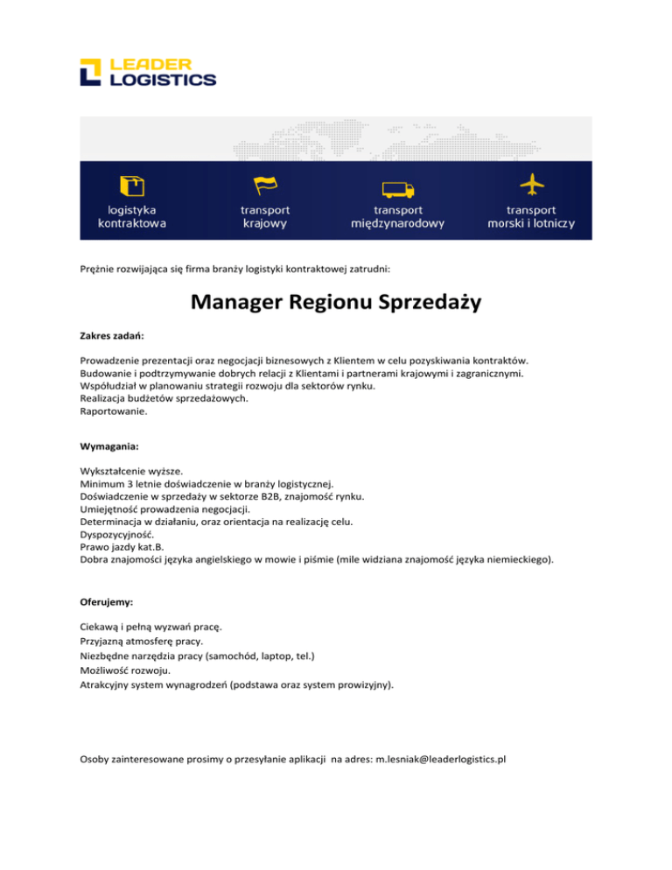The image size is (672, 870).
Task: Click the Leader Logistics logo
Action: (147, 73)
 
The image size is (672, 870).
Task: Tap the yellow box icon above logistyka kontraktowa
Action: (132, 186)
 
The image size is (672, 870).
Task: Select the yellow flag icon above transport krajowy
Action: (265, 185)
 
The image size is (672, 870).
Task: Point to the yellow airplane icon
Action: (531, 185)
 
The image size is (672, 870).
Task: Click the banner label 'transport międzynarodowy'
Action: (398, 216)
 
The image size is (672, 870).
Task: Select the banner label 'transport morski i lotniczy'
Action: (531, 216)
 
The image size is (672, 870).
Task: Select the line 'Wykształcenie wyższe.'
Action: (131, 470)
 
